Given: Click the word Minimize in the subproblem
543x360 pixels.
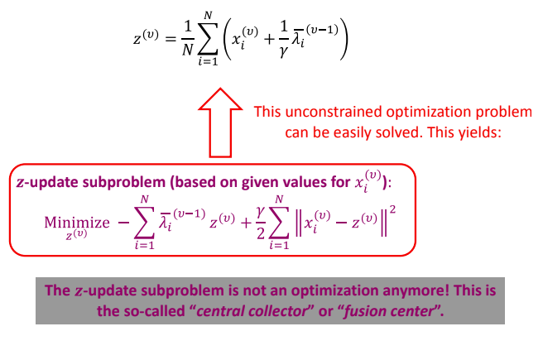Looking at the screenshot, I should pyautogui.click(x=77, y=222).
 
